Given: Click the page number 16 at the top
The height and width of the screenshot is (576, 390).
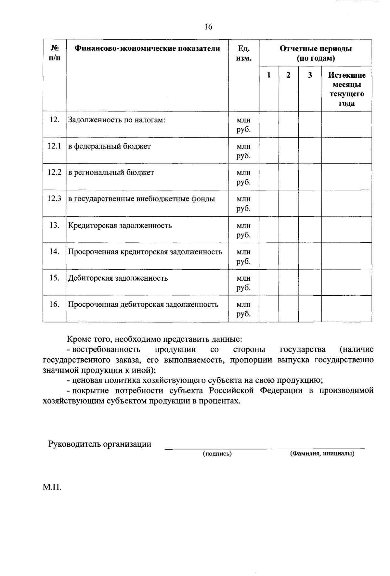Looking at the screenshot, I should click(x=208, y=27).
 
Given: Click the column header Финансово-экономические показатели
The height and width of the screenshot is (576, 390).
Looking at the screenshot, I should click(x=147, y=49).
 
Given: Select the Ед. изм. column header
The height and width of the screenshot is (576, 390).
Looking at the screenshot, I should click(x=243, y=54).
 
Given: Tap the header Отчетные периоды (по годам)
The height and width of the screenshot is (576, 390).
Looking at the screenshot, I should click(x=315, y=54).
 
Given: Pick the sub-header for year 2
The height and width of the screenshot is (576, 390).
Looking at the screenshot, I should click(x=288, y=75).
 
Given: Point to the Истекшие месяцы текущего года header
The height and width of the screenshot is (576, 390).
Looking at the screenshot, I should click(x=346, y=89).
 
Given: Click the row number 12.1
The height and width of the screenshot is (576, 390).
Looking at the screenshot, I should click(x=54, y=146).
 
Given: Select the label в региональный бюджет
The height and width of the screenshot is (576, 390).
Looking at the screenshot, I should click(x=111, y=173).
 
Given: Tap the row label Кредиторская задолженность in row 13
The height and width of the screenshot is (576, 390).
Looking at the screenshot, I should click(x=120, y=225).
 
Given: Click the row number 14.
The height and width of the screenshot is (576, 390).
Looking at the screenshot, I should click(x=54, y=251).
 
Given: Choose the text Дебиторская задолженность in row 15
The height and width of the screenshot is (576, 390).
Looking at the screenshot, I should click(x=118, y=278).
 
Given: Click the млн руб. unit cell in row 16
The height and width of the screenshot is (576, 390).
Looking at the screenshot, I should click(x=243, y=309).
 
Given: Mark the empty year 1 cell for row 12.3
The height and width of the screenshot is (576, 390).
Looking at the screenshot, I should click(x=269, y=203).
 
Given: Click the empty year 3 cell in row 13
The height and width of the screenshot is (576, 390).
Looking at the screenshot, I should click(x=310, y=229).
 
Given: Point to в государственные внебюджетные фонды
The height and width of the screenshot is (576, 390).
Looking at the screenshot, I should click(x=141, y=199).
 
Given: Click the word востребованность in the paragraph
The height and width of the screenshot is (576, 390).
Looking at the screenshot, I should click(x=106, y=350).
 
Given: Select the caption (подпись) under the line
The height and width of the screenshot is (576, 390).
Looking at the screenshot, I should click(x=217, y=454).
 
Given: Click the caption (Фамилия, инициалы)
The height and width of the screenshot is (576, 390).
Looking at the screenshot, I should click(x=322, y=454).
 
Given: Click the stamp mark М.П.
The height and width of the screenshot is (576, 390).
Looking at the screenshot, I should click(x=51, y=487).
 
